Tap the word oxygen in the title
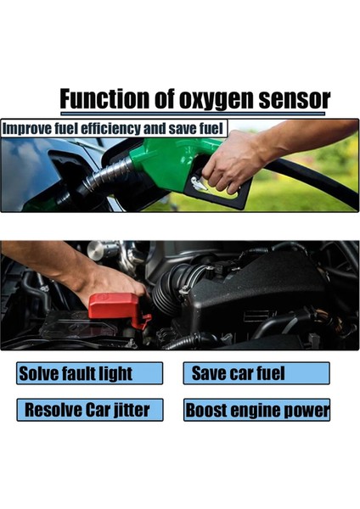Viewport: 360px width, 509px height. coord(218,99)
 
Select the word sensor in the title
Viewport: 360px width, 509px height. coord(294,99)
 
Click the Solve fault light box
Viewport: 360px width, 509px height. coord(89,373)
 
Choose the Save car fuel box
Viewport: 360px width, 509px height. coord(256,373)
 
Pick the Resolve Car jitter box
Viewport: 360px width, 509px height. coord(89,411)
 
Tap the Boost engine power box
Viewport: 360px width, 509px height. coord(256,411)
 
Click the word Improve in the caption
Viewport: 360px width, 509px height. coord(27,130)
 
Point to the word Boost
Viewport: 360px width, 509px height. coord(207,411)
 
